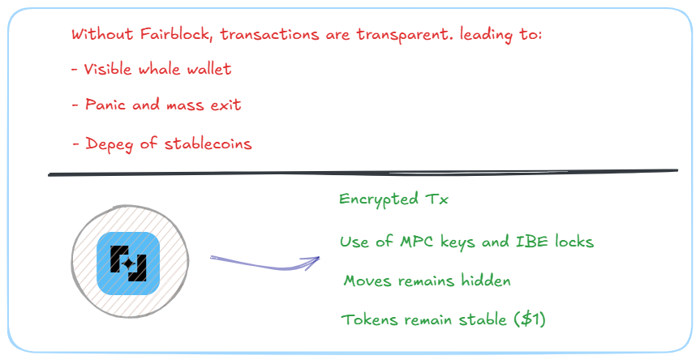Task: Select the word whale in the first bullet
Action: point(158,69)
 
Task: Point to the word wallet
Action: point(208,69)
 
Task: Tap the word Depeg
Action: point(106,144)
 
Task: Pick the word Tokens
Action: point(369,319)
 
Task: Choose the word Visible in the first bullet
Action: point(107,69)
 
